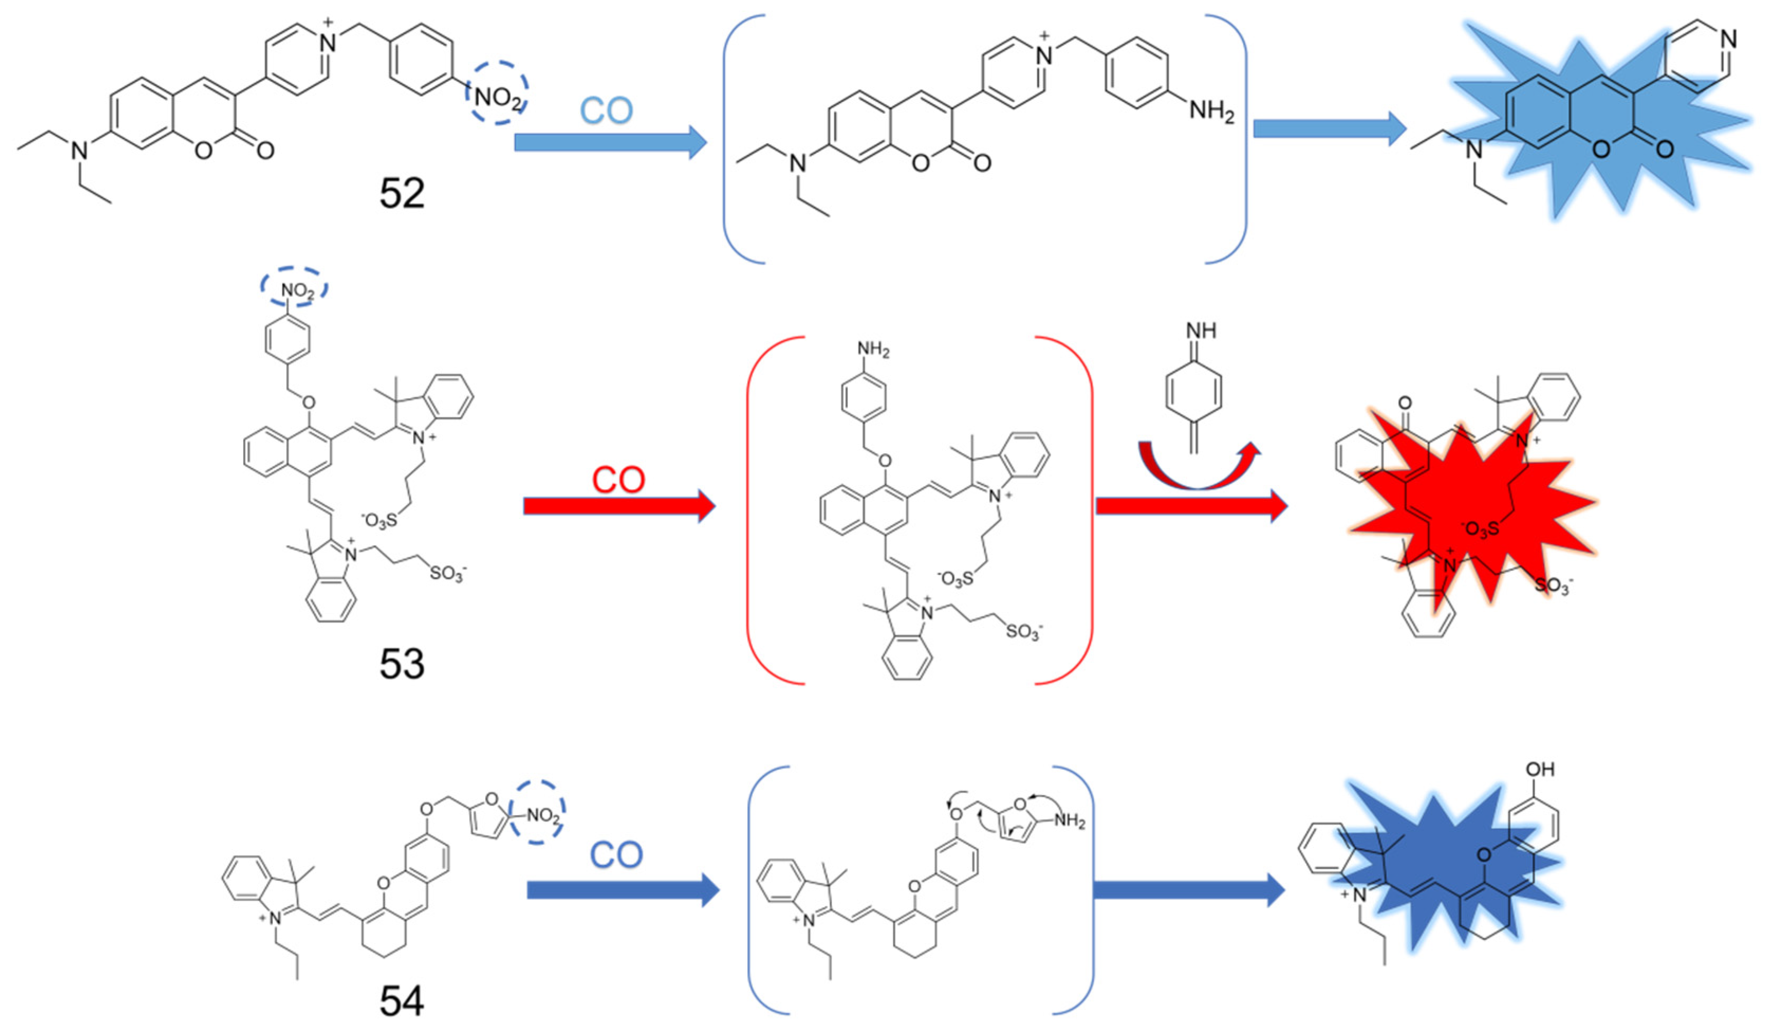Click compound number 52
point(402,193)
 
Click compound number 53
point(402,664)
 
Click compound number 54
point(402,1001)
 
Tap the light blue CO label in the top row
point(606,111)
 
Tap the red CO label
point(618,480)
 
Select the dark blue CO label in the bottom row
point(616,855)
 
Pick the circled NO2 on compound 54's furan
point(541,816)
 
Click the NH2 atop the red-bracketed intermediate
point(873,349)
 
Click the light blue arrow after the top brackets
point(1329,129)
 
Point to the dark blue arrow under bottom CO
point(622,890)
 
